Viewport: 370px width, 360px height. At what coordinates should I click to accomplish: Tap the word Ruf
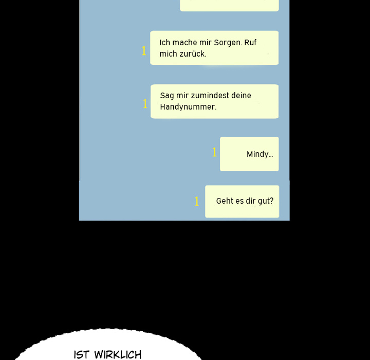[250, 42]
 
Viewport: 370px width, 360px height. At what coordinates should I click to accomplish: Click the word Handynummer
[188, 107]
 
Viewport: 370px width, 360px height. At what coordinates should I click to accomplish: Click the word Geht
[224, 201]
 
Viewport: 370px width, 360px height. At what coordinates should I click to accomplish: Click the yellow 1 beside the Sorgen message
[144, 51]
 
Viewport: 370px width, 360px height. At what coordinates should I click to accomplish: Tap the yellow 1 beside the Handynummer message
[145, 103]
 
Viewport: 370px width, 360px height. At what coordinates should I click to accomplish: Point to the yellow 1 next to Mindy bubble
[214, 152]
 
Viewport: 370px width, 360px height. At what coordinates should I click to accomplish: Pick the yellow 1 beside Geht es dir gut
[197, 201]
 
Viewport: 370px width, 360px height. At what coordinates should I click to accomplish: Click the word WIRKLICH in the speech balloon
[118, 355]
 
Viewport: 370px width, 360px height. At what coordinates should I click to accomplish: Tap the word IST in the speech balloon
[82, 355]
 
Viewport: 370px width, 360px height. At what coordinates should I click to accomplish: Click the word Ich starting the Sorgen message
[165, 43]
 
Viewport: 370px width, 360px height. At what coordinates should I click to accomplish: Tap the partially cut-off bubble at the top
[229, 6]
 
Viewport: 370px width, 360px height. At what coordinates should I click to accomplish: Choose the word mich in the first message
[168, 53]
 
